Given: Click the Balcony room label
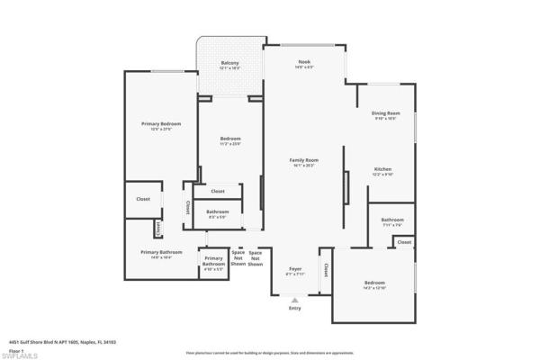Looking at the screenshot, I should pyautogui.click(x=229, y=63).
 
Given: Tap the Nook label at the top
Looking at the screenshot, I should pyautogui.click(x=304, y=62).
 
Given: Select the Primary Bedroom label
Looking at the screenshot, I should pyautogui.click(x=161, y=123).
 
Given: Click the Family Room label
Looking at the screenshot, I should pyautogui.click(x=305, y=160).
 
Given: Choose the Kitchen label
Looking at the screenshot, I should pyautogui.click(x=383, y=169).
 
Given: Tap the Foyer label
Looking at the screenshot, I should pyautogui.click(x=294, y=269).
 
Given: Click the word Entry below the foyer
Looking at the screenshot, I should pyautogui.click(x=294, y=309).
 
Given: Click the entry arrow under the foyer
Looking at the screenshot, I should pyautogui.click(x=294, y=301).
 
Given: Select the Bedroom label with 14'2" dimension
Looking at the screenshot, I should pyautogui.click(x=373, y=283).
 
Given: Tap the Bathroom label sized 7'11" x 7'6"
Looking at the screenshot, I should pyautogui.click(x=391, y=220).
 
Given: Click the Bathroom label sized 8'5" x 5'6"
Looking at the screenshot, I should pyautogui.click(x=217, y=211).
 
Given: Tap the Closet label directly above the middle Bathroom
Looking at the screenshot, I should pyautogui.click(x=217, y=192).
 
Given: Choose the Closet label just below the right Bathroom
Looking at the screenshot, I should pyautogui.click(x=404, y=241).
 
